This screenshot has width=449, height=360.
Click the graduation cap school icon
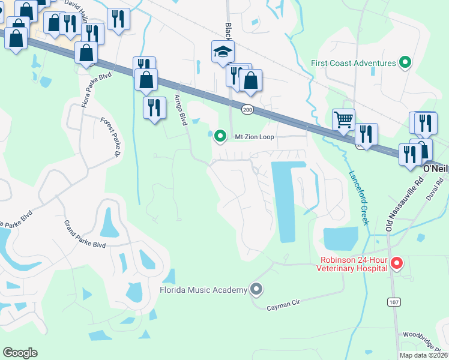(x=223, y=52)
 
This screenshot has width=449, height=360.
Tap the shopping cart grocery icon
(x=343, y=119)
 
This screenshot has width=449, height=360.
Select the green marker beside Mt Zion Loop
(x=220, y=137)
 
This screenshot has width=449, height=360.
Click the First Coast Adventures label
(x=354, y=63)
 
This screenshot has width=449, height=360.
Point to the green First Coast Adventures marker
(x=405, y=62)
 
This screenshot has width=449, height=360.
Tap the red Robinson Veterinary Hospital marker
(x=396, y=263)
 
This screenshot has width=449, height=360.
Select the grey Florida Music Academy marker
(x=256, y=290)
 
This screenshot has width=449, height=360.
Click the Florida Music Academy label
(x=203, y=290)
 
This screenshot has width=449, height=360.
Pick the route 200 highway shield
(x=247, y=109)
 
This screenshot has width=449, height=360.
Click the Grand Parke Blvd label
(x=85, y=234)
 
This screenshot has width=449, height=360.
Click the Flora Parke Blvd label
(x=89, y=90)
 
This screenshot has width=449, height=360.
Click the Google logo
(x=20, y=353)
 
